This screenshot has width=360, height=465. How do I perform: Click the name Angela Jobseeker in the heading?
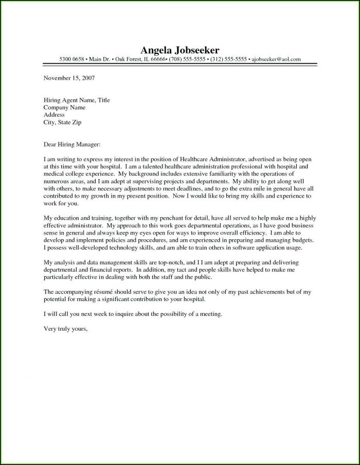[179, 50]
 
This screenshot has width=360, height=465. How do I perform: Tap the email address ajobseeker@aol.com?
[276, 60]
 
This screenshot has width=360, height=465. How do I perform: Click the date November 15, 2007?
[69, 78]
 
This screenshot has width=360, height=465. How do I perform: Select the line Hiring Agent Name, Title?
[77, 100]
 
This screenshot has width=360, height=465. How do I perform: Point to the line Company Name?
[64, 108]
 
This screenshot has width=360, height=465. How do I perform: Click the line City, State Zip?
[63, 123]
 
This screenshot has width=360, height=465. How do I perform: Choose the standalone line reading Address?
[54, 115]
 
